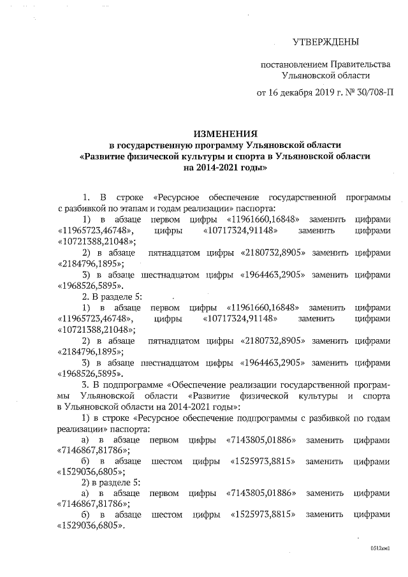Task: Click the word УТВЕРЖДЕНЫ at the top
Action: pyautogui.click(x=326, y=43)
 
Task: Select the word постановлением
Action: pyautogui.click(x=293, y=65)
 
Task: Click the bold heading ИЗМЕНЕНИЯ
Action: pyautogui.click(x=225, y=134)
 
